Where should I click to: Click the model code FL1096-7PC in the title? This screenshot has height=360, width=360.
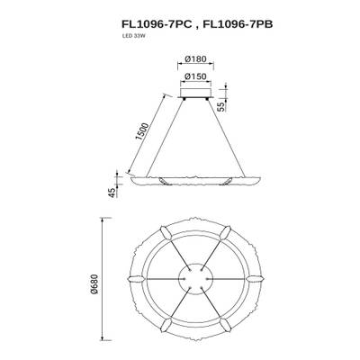148,25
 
